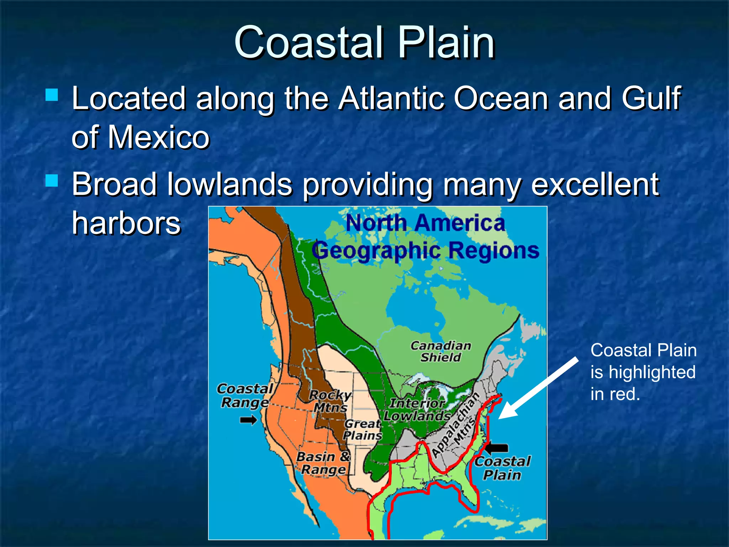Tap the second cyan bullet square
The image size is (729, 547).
pos(52,181)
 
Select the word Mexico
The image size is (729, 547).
pos(159,137)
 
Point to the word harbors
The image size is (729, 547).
pos(126,223)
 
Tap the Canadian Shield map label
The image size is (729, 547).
pos(441,351)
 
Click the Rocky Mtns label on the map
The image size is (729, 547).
pos(330,401)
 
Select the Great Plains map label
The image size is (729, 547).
pos(362,429)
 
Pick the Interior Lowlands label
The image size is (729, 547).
pos(417,410)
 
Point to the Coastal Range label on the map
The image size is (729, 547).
pos(245,395)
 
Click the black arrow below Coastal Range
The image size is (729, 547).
pos(248,420)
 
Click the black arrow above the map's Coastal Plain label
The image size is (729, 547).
pos(497,448)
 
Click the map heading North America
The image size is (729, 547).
pos(425,223)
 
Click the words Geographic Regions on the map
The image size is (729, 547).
pos(425,250)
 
